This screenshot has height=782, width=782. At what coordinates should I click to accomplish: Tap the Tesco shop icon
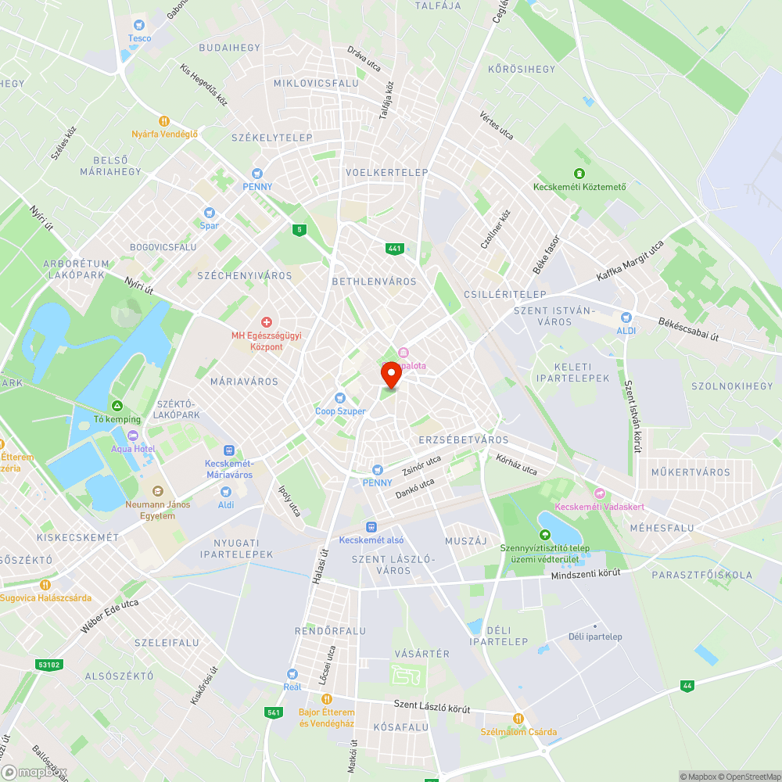point(140,25)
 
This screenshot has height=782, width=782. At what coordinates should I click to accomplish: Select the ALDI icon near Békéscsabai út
point(625,317)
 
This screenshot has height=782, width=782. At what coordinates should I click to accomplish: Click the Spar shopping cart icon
point(209,213)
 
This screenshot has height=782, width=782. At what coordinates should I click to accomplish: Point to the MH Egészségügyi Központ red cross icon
point(266,322)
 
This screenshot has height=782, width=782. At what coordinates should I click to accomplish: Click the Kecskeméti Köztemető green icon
point(579,174)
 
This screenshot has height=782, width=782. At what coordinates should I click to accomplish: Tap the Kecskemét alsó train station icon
point(371,527)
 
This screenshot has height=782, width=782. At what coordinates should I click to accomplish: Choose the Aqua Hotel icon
point(133,436)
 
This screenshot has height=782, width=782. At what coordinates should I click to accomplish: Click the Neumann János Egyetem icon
point(157,491)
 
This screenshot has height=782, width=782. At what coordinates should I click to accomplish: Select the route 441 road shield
point(394,249)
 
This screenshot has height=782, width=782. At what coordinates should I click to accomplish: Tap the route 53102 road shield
point(48,665)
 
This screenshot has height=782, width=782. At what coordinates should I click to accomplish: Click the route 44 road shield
point(687,686)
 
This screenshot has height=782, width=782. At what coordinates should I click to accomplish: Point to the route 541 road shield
point(273,712)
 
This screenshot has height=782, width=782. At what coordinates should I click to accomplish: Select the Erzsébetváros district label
point(464,439)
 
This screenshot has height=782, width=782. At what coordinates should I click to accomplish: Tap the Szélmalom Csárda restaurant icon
point(517,719)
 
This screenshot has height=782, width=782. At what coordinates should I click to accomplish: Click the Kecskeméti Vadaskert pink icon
point(600,493)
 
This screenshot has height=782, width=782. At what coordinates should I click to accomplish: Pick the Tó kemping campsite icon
point(117,406)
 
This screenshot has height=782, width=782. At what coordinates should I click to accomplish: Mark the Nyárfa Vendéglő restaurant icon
point(164,121)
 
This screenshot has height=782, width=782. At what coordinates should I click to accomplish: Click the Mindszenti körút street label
point(586,574)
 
